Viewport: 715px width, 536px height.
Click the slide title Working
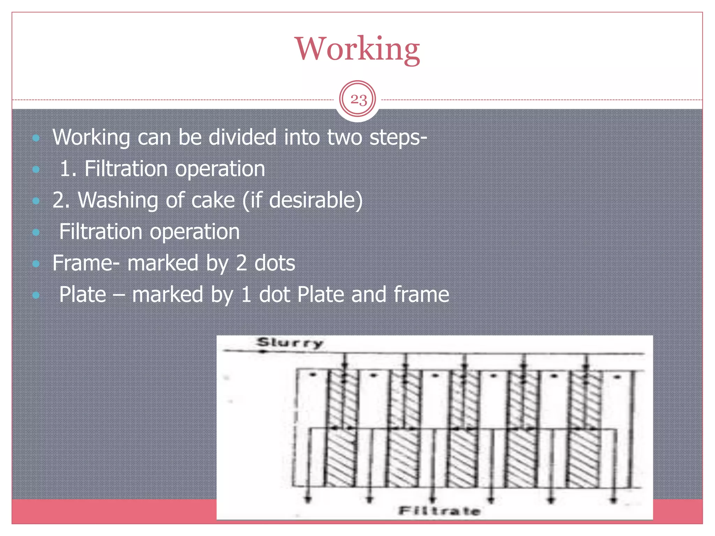click(357, 49)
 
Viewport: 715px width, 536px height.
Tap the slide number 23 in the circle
click(358, 100)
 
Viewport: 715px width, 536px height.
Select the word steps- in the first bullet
click(398, 137)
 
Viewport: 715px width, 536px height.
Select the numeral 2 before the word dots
click(241, 263)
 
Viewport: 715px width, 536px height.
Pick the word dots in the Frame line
click(274, 263)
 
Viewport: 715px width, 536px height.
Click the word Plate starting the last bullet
click(82, 295)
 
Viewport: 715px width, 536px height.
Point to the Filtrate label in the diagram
click(440, 511)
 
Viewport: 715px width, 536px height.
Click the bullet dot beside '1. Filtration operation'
click(36, 170)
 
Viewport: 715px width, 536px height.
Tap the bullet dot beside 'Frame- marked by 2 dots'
click(36, 264)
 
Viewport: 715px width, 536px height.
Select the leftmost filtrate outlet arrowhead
click(308, 500)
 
